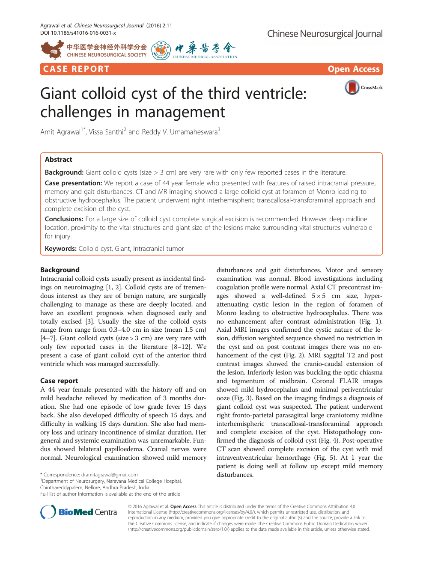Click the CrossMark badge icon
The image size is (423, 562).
[352, 88]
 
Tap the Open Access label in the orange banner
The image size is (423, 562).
[354, 69]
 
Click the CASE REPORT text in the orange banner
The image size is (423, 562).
[76, 69]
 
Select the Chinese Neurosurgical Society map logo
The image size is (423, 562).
[53, 50]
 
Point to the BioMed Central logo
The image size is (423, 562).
[80, 512]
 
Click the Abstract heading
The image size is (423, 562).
[59, 160]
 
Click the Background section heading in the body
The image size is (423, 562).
[60, 270]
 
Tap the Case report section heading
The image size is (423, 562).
[59, 381]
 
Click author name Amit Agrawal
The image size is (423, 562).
[60, 132]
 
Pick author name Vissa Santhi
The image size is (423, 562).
[106, 132]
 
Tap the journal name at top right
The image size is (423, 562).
[325, 34]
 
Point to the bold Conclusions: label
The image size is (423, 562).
[64, 219]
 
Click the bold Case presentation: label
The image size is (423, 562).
[73, 183]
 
